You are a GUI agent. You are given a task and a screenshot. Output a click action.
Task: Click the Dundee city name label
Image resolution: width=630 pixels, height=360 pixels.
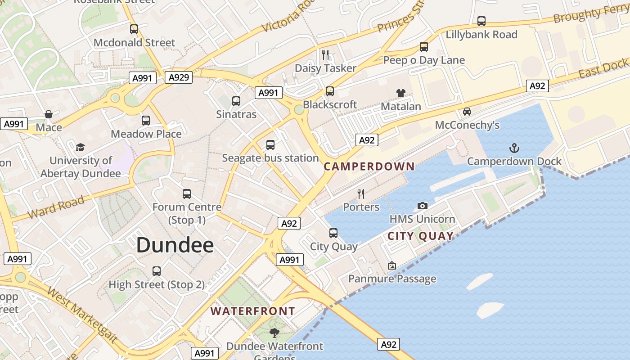point(175,245)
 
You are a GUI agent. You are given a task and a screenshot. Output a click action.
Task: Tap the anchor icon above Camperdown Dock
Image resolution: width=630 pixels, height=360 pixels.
point(513,148)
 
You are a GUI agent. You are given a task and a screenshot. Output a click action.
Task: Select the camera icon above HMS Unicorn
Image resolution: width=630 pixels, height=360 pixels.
point(422,206)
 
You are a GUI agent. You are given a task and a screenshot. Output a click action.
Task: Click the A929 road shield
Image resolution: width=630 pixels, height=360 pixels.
point(179,77)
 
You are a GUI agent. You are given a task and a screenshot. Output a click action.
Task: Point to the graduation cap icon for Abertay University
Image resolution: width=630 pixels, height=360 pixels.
point(81,147)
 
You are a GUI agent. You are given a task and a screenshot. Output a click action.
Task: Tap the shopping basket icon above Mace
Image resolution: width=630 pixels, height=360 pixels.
point(49,114)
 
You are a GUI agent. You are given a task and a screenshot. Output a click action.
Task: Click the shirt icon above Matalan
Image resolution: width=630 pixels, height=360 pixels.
point(400,93)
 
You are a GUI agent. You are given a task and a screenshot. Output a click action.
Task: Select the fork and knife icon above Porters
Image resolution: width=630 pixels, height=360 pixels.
point(361,193)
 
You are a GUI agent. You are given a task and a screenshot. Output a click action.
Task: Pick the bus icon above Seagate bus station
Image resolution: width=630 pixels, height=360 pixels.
point(270,145)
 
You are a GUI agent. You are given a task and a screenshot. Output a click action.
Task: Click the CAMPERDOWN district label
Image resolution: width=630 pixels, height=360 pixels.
point(369,166)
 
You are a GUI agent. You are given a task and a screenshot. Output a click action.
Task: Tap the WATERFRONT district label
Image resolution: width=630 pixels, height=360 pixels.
point(252,311)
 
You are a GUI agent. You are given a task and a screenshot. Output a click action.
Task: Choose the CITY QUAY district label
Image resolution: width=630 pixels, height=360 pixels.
point(420,236)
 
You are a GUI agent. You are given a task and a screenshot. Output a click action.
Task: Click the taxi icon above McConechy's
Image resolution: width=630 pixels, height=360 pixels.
point(467,112)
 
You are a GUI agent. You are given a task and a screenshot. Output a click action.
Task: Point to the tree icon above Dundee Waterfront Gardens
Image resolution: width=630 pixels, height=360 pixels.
point(274,333)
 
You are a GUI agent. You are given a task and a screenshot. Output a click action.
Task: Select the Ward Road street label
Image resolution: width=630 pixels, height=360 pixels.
point(56,207)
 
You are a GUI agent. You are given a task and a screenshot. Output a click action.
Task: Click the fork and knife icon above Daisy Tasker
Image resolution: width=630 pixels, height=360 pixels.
point(325,55)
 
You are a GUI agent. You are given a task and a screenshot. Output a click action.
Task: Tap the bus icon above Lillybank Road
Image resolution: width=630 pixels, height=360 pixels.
point(481,21)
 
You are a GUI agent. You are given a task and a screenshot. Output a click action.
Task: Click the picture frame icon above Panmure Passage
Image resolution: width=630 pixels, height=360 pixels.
point(392,265)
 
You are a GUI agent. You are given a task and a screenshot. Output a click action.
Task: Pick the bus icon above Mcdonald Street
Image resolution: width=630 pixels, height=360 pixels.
point(134,29)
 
